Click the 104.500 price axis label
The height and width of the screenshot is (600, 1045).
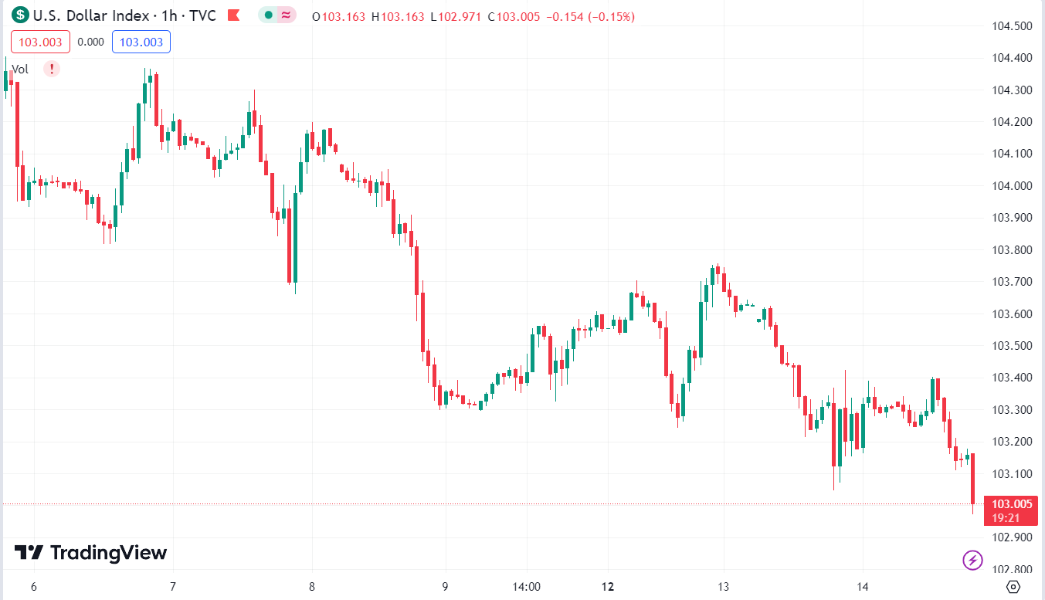click(x=1011, y=26)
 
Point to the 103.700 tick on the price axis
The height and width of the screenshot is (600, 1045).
click(x=1011, y=282)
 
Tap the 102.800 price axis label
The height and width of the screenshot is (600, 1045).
click(x=1011, y=569)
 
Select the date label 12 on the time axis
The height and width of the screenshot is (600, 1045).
click(x=609, y=587)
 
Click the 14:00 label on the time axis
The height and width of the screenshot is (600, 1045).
click(x=526, y=587)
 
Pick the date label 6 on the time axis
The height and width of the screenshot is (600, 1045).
click(x=33, y=587)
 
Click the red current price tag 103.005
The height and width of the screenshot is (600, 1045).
click(x=1012, y=504)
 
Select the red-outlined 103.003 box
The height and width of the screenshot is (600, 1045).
click(x=40, y=42)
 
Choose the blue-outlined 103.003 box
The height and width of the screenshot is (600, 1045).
click(x=141, y=42)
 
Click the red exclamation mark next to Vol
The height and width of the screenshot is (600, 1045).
click(x=51, y=69)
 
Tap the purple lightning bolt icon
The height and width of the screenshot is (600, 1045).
click(x=972, y=560)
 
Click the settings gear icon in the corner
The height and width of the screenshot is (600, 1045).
click(x=1014, y=587)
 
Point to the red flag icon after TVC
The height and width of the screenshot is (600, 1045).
click(x=234, y=15)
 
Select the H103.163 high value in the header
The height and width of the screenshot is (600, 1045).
click(x=398, y=16)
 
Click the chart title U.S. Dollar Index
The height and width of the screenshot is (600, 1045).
click(x=85, y=15)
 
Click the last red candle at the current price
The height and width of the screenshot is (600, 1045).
click(x=972, y=479)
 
